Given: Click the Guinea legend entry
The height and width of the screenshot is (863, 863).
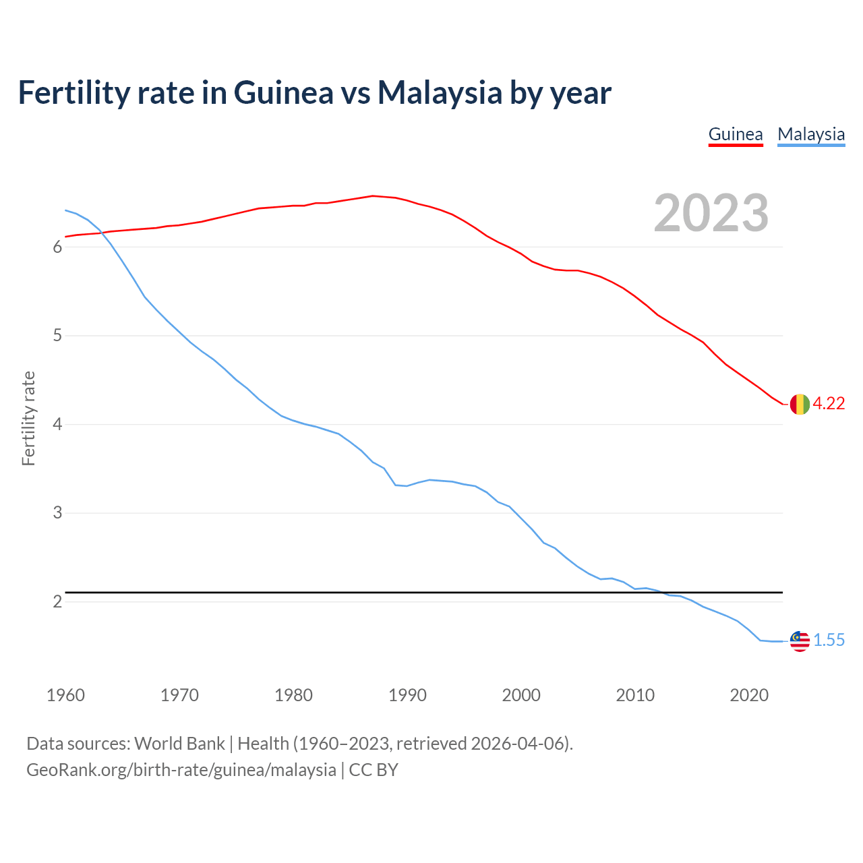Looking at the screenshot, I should [736, 134].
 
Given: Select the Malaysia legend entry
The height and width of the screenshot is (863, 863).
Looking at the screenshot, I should [811, 134].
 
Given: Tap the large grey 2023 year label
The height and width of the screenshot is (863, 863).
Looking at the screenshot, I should [711, 213].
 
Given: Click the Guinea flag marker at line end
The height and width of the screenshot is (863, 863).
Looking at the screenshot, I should [799, 404].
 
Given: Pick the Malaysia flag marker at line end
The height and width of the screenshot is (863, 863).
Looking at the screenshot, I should [799, 641].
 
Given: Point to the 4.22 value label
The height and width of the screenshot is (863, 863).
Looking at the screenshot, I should [829, 403].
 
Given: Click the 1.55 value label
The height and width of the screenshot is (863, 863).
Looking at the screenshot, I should [829, 640].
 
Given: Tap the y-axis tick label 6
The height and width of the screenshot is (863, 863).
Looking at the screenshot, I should [57, 247].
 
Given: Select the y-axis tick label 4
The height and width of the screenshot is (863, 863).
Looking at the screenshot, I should [57, 424].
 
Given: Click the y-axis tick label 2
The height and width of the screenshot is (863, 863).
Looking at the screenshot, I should [57, 601].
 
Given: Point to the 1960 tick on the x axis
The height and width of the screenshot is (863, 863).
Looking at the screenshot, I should [65, 695].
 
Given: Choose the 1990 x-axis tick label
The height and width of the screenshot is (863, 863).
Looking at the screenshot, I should [407, 695].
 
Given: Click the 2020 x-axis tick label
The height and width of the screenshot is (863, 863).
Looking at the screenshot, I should [749, 695].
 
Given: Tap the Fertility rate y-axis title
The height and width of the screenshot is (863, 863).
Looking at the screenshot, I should [28, 418].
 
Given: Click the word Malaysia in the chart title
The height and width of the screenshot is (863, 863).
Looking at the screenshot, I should [440, 92].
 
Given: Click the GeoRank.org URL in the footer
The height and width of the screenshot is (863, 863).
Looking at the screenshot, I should [181, 769].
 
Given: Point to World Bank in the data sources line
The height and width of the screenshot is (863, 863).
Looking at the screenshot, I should [179, 743].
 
